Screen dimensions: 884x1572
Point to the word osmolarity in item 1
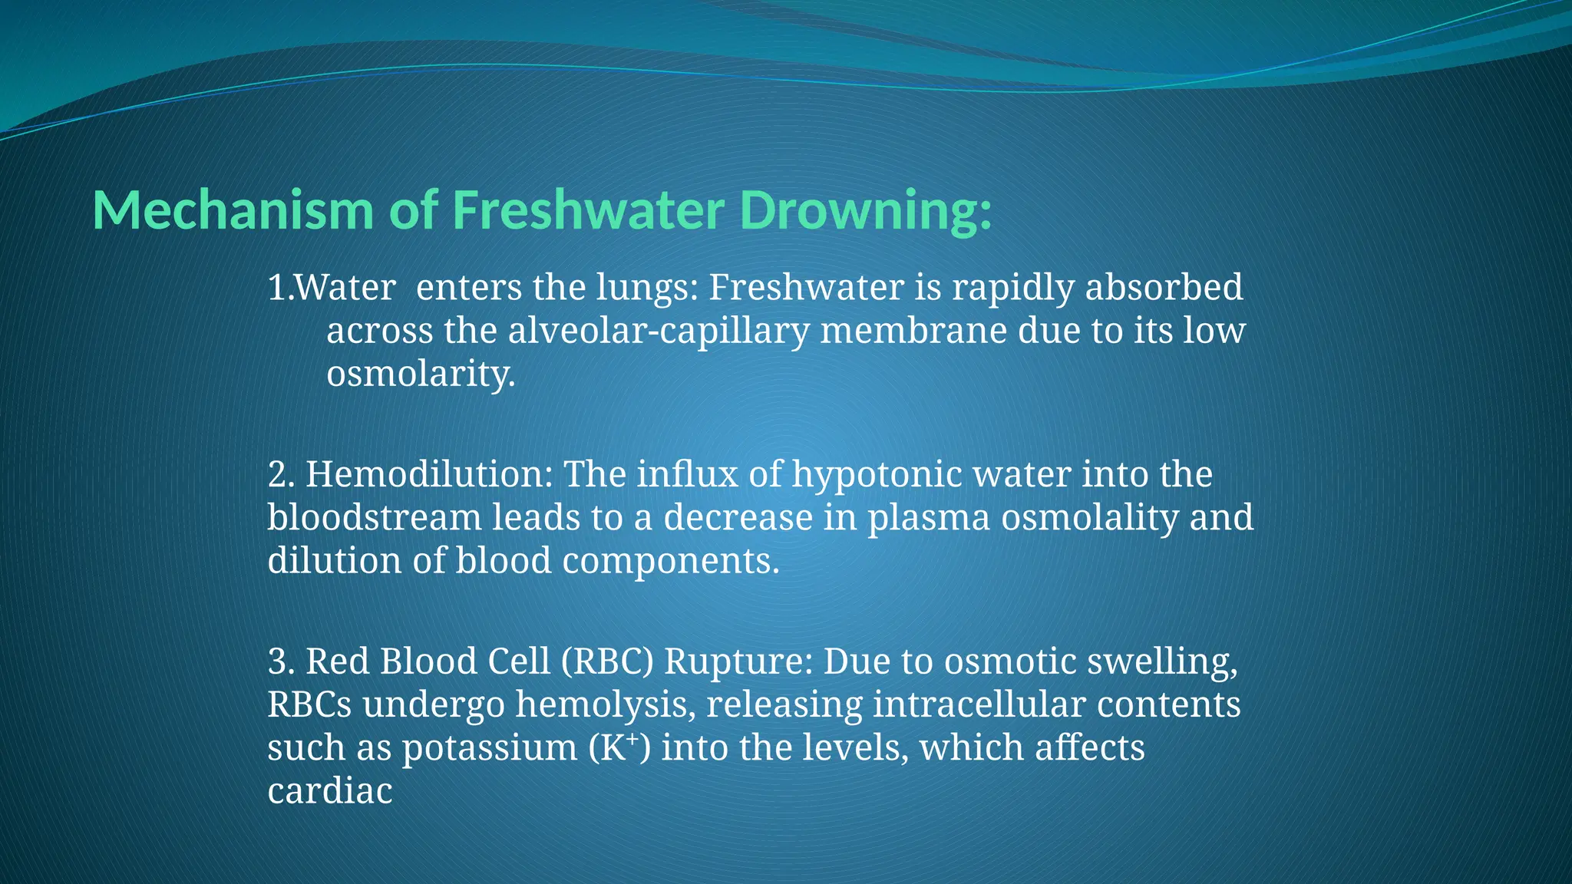[x=420, y=374]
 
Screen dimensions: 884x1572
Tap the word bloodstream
[x=374, y=517]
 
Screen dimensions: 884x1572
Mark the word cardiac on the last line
[x=330, y=791]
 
